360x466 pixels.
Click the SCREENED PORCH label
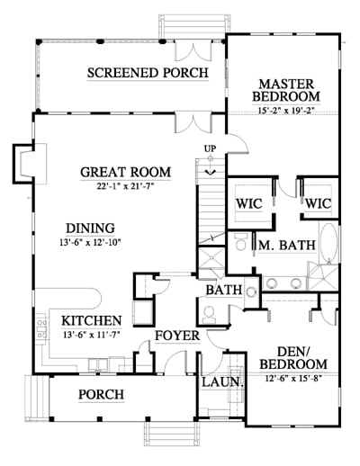click(148, 73)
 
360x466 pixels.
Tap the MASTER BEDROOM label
click(286, 90)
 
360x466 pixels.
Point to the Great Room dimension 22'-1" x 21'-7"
click(125, 186)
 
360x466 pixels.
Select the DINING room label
click(90, 229)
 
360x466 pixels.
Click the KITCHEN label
click(92, 321)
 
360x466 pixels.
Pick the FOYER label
click(177, 336)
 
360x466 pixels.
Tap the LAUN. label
click(222, 382)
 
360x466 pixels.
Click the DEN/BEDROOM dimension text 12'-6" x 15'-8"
click(293, 379)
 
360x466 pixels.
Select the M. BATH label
click(287, 246)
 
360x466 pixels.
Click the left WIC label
click(249, 204)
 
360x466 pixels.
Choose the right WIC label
click(319, 204)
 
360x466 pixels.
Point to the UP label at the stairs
click(210, 148)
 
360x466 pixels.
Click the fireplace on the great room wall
click(30, 164)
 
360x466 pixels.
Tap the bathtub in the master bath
click(329, 244)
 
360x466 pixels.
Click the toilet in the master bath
click(240, 242)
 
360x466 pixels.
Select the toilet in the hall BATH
click(209, 315)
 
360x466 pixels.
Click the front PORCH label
click(101, 394)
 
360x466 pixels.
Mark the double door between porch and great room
click(194, 123)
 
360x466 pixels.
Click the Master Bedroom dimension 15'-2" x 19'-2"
click(286, 111)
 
